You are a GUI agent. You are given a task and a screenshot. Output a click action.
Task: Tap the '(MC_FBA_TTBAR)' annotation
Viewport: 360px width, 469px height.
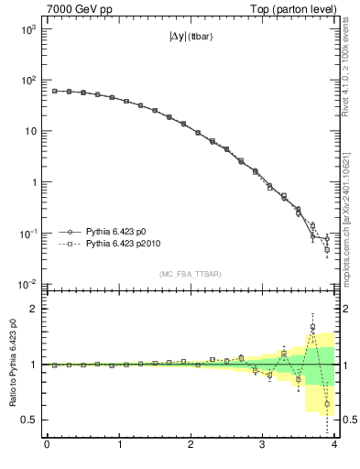191,274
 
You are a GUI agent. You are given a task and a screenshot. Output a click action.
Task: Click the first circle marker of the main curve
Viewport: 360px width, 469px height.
54,91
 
